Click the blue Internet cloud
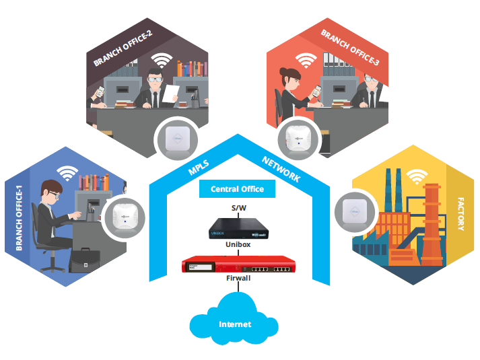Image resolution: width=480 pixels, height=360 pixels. pos(234,325)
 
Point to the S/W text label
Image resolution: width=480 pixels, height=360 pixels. pos(238,207)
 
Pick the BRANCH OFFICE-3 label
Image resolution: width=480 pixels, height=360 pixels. pos(349,49)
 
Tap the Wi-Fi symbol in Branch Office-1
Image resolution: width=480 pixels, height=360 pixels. pos(66,173)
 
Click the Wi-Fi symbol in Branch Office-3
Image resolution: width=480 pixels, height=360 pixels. pos(307,61)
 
